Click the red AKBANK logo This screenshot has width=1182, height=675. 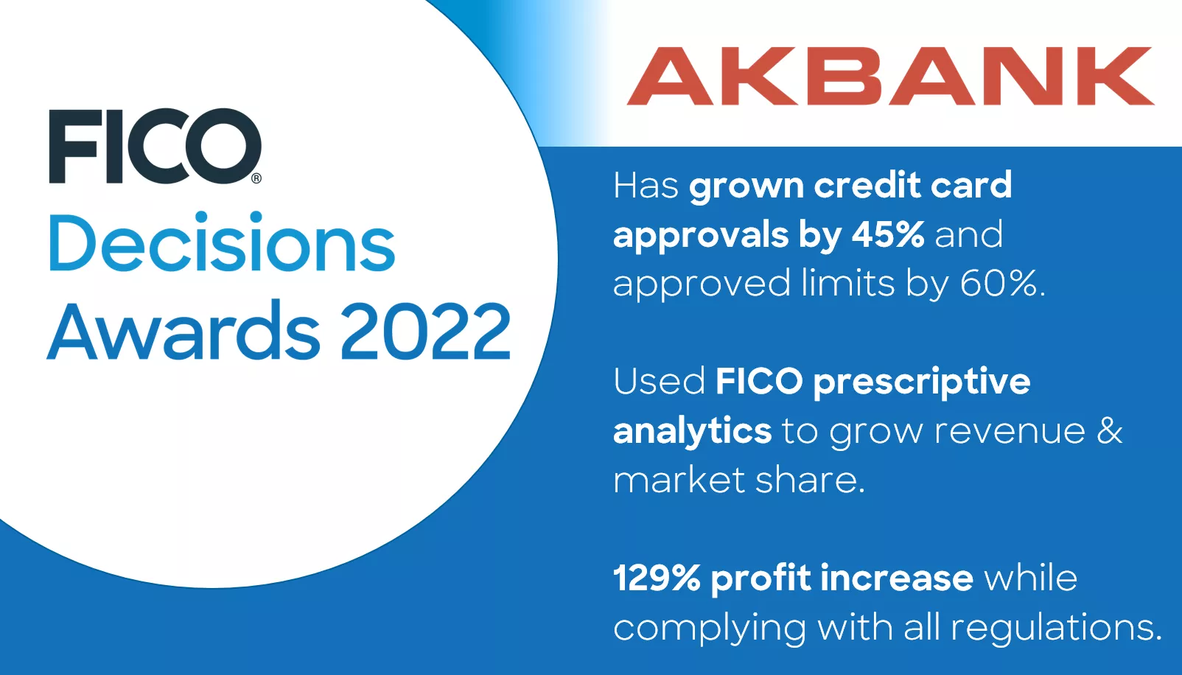point(890,77)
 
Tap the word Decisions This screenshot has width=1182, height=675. point(222,243)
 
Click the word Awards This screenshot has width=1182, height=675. point(184,332)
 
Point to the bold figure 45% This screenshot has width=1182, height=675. point(888,235)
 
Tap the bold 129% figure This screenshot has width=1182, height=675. point(656,578)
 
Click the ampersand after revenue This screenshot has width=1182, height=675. point(1109,431)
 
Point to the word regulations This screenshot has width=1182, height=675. point(1055,628)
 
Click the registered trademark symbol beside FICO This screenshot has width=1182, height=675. point(256,178)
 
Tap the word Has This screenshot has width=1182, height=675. point(646,186)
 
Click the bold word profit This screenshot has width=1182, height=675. point(760,578)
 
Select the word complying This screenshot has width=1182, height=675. point(709,629)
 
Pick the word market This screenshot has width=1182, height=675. point(679,480)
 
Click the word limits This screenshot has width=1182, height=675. point(847,284)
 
